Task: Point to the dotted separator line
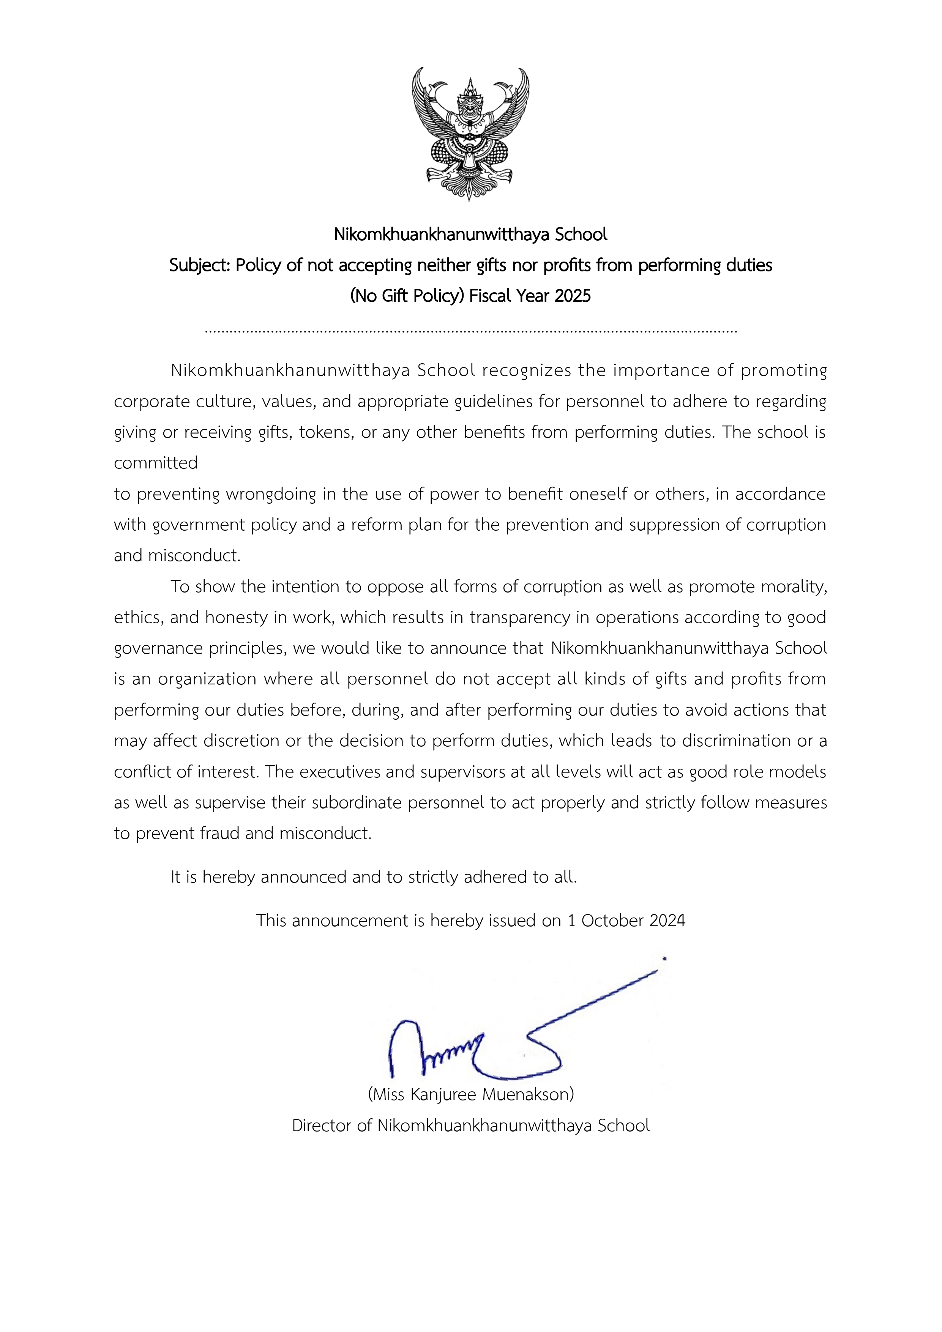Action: point(471,332)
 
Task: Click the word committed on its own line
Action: point(156,463)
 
